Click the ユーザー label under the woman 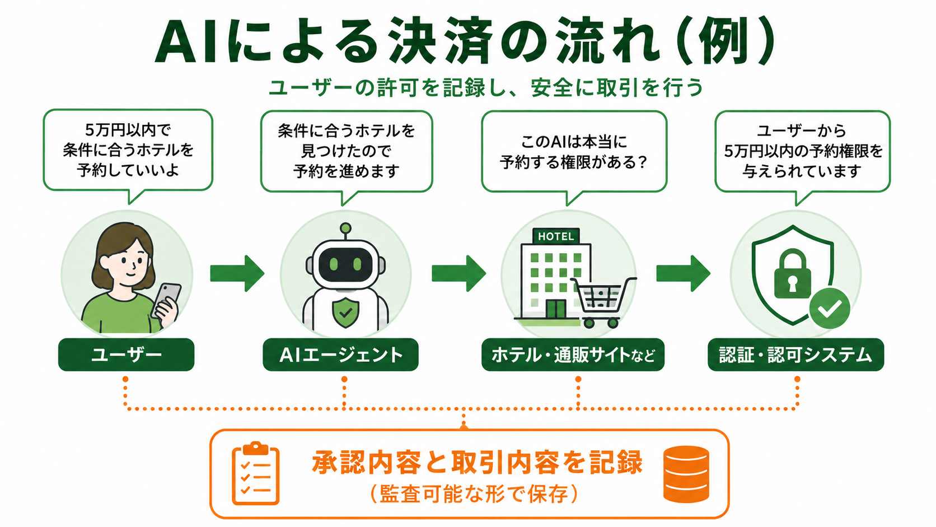click(126, 355)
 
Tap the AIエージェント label click(340, 355)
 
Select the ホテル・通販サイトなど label click(573, 355)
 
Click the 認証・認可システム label click(795, 355)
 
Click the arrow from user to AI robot click(237, 273)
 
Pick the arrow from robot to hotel click(459, 273)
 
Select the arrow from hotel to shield click(683, 273)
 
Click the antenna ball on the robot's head click(345, 228)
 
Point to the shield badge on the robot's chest click(345, 312)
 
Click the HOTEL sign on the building click(556, 236)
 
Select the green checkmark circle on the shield click(830, 309)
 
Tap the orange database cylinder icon click(686, 474)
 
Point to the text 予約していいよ click(128, 170)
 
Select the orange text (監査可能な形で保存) click(474, 495)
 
